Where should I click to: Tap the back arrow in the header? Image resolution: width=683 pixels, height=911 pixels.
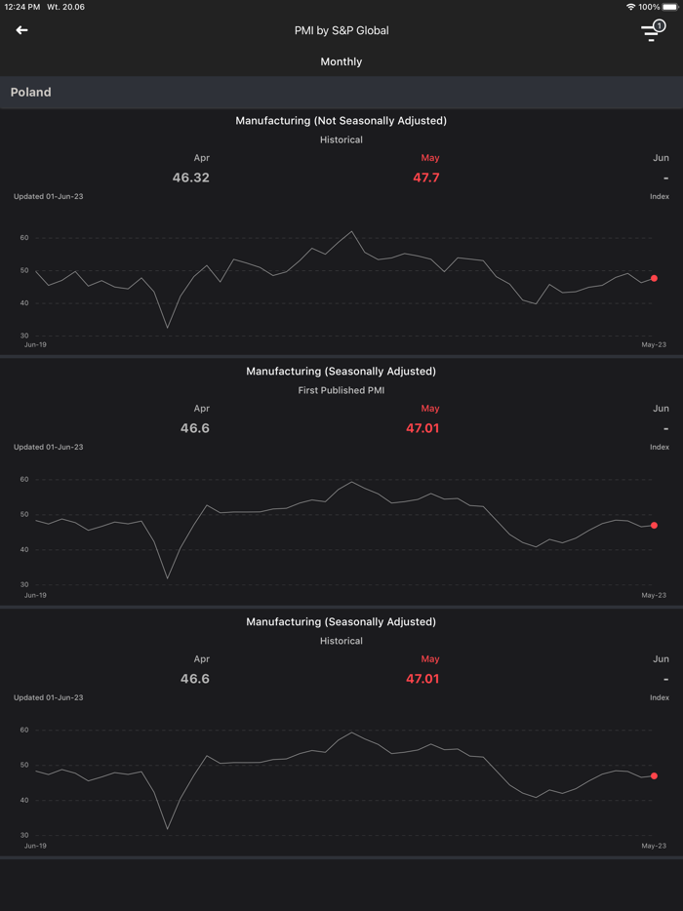point(21,30)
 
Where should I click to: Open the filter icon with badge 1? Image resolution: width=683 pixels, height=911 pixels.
point(652,31)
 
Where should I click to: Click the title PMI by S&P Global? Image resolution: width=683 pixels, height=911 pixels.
point(341,30)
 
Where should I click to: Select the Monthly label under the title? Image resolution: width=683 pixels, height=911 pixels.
point(341,61)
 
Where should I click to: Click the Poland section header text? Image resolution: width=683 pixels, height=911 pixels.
point(31,93)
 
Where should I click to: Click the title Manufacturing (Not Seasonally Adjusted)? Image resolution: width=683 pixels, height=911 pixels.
point(341,121)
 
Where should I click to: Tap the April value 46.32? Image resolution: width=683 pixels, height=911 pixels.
point(191,178)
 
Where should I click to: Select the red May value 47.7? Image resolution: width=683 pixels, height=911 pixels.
point(426,178)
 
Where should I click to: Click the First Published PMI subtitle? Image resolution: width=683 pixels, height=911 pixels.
point(341,390)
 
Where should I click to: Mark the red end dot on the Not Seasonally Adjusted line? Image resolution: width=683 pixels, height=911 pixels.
point(654,278)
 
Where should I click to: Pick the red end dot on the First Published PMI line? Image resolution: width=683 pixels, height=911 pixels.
point(654,526)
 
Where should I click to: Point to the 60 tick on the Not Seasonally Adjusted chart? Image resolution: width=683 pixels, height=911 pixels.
point(24,238)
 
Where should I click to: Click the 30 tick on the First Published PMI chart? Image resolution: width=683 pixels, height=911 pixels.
point(24,584)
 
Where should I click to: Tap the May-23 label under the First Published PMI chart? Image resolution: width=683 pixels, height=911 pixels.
point(654,595)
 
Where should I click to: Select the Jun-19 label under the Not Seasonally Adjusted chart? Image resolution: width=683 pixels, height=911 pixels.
point(35,344)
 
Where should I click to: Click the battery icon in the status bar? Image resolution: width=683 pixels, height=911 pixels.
point(670,7)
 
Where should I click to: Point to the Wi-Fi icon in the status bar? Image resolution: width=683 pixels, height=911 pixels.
point(630,7)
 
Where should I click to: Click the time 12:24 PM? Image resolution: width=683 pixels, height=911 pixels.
point(20,7)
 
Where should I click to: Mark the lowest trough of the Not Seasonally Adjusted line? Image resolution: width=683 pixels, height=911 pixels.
point(168,328)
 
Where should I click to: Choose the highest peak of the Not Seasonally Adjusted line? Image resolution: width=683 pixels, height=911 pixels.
point(352,232)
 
